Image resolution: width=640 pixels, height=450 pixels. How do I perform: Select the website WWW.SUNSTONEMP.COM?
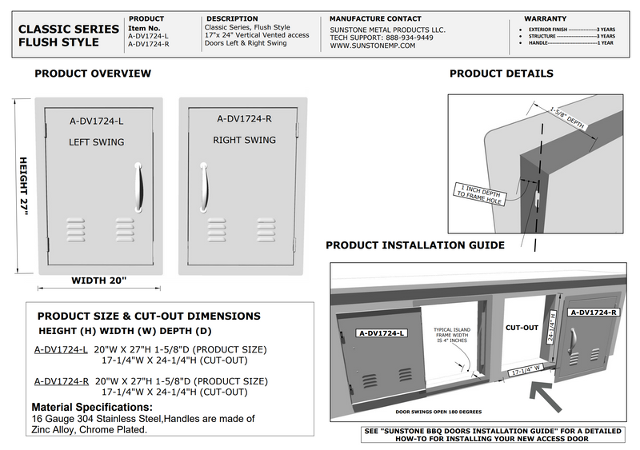(x=372, y=46)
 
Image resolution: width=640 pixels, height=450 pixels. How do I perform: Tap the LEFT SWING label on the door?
(x=96, y=142)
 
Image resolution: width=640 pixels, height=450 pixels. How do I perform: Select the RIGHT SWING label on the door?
(x=243, y=140)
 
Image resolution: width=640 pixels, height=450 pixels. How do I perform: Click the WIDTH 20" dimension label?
(x=99, y=281)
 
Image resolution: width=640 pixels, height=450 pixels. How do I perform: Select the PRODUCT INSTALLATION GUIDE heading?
(x=414, y=245)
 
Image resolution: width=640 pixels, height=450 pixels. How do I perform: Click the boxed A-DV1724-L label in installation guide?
(x=381, y=333)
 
